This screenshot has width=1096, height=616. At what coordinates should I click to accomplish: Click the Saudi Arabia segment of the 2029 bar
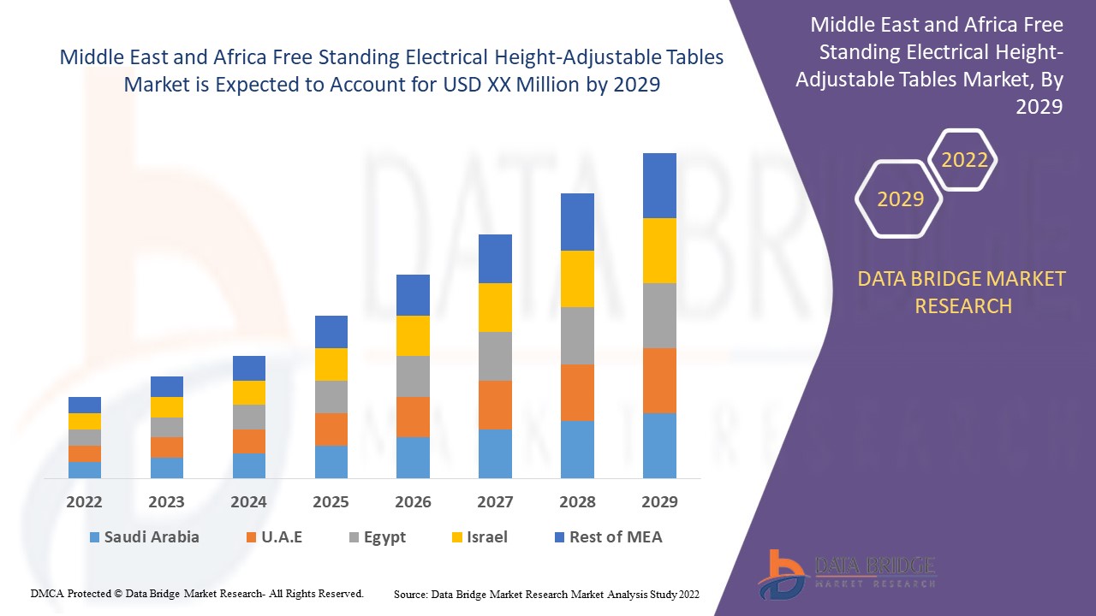coord(659,445)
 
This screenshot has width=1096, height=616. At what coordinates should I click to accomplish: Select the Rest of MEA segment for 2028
coord(577,222)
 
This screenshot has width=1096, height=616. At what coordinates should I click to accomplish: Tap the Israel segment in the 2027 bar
coord(495,307)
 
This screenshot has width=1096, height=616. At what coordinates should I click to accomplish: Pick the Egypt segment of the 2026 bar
coord(413,376)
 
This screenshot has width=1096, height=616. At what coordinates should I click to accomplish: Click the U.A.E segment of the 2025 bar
coord(331,429)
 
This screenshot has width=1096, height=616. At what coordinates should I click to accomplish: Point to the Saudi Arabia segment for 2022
coord(85,470)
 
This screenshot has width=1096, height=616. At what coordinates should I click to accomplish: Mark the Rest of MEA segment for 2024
coord(249,368)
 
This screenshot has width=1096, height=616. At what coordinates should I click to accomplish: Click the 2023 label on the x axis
coord(166,502)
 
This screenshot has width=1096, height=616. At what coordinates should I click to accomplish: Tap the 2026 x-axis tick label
coord(413,502)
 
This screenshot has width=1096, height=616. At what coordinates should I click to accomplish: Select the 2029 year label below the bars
coord(659,502)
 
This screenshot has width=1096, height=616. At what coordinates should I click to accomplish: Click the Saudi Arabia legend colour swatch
coord(94,538)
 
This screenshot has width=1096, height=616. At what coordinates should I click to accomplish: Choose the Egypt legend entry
coord(377,537)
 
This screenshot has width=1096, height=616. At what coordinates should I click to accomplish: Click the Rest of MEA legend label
coord(616,537)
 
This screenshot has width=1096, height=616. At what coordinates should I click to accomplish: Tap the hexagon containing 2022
coord(964,160)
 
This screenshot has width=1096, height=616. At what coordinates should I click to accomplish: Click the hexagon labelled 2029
coord(900,199)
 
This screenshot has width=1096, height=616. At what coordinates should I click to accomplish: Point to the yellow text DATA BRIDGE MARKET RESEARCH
coord(962,293)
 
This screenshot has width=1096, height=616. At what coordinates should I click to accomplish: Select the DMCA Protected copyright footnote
coord(197,593)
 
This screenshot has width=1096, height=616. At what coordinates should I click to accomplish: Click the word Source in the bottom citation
coord(410,594)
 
